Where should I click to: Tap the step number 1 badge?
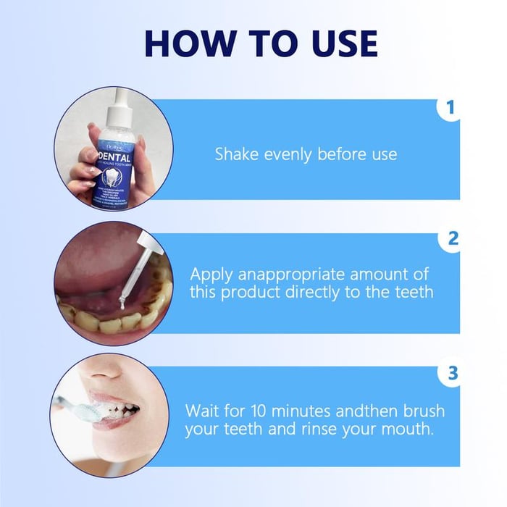click(451, 109)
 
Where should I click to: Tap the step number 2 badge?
click(453, 238)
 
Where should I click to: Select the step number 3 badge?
click(453, 373)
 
